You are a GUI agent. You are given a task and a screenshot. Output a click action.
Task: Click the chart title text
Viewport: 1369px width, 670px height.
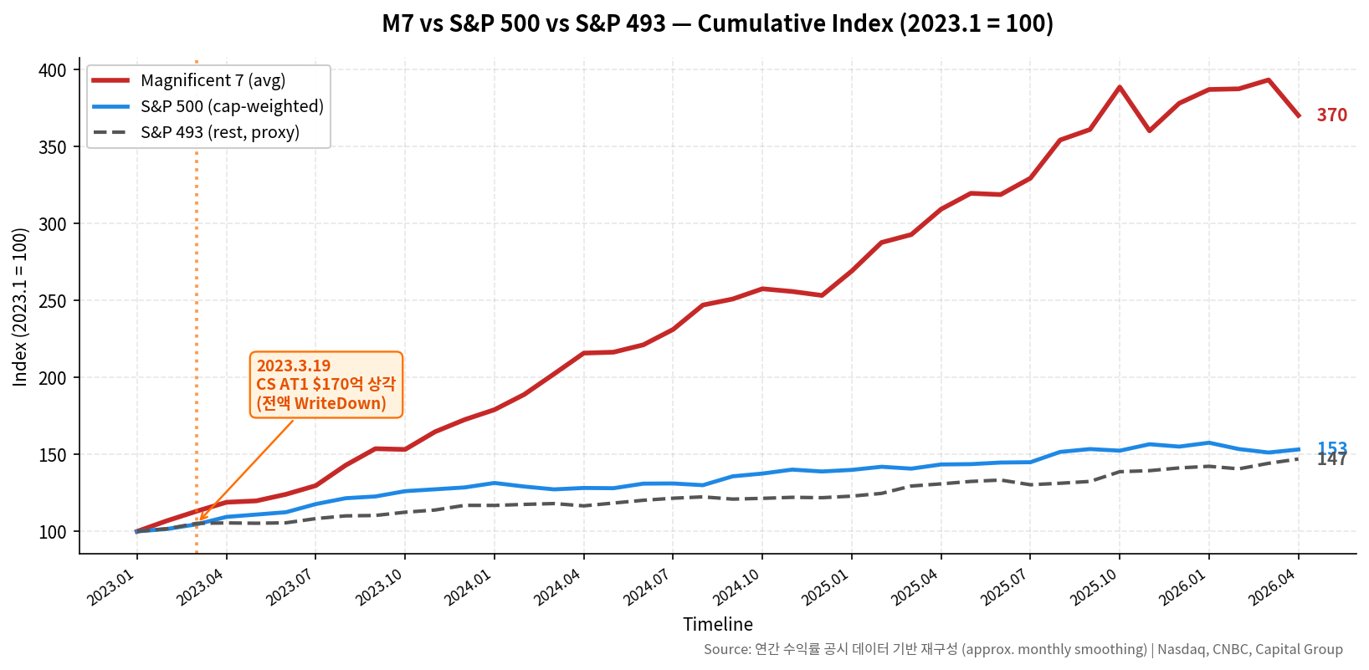pyautogui.click(x=717, y=23)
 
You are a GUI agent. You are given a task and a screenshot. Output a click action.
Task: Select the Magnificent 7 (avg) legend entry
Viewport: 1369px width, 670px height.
pyautogui.click(x=213, y=80)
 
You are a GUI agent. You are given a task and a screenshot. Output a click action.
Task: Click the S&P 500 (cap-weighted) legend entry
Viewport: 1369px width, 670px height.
pyautogui.click(x=232, y=106)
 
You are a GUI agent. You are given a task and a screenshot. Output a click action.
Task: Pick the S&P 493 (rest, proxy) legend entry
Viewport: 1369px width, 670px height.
pyautogui.click(x=219, y=132)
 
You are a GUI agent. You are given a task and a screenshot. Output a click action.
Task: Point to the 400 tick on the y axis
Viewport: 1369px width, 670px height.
pyautogui.click(x=52, y=70)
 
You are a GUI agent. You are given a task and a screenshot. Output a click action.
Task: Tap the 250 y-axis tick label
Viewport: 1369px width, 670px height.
pyautogui.click(x=52, y=301)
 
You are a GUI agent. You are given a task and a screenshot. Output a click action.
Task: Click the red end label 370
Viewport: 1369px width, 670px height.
pyautogui.click(x=1331, y=115)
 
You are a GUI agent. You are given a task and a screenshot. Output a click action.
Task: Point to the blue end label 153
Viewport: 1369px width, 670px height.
pyautogui.click(x=1331, y=448)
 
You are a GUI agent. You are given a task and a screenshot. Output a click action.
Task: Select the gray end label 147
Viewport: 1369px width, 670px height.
pyautogui.click(x=1331, y=460)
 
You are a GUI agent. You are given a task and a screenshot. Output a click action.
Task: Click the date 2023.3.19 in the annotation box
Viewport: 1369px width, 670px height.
pyautogui.click(x=293, y=366)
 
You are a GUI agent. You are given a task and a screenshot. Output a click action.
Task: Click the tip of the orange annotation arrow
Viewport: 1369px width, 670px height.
pyautogui.click(x=199, y=520)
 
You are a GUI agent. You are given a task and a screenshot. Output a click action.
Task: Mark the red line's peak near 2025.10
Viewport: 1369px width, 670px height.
pyautogui.click(x=1119, y=87)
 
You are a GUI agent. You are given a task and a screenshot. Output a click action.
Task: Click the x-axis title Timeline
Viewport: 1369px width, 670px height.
pyautogui.click(x=717, y=624)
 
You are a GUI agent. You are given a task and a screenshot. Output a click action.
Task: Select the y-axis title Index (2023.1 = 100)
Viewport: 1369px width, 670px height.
pyautogui.click(x=21, y=307)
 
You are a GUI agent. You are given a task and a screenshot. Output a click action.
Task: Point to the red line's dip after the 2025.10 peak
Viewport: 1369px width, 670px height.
pyautogui.click(x=1149, y=130)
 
